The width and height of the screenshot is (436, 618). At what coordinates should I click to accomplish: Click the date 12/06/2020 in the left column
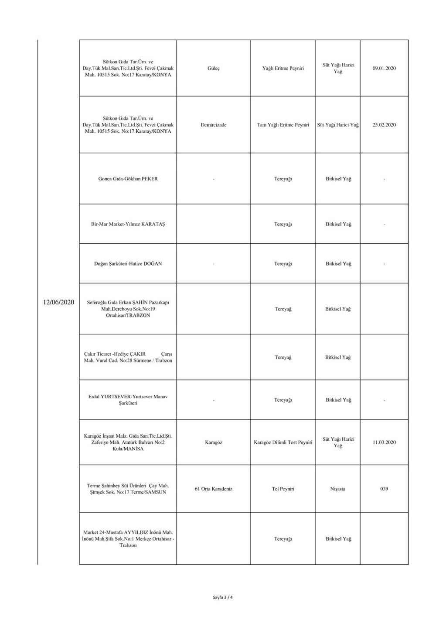click(x=59, y=302)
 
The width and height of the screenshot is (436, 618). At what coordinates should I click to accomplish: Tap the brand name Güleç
click(x=214, y=69)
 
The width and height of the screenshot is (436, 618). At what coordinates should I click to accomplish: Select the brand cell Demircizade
click(x=214, y=125)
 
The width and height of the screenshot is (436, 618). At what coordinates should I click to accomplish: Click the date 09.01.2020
click(x=384, y=69)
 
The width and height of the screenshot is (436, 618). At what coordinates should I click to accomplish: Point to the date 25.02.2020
click(x=384, y=125)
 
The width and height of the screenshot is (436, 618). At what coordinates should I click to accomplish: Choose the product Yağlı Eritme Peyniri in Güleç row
click(x=283, y=69)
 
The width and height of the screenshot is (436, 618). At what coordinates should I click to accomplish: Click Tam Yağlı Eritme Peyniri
click(x=283, y=125)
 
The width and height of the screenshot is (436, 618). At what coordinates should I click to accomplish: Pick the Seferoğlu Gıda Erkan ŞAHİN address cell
click(x=128, y=309)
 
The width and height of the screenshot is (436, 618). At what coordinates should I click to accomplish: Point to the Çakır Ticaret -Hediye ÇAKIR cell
click(x=128, y=357)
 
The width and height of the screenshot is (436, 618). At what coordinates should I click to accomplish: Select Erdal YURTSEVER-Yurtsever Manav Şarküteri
click(x=128, y=400)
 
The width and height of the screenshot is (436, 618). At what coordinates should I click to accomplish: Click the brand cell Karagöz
click(x=214, y=442)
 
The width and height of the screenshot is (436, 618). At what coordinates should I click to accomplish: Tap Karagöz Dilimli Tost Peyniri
click(x=283, y=442)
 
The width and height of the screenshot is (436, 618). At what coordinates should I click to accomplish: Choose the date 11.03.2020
click(x=384, y=442)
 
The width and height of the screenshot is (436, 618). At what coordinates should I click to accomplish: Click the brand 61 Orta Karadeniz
click(x=214, y=489)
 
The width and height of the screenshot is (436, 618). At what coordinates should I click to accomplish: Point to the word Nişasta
click(x=338, y=489)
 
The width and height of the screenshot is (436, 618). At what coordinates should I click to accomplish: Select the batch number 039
click(x=384, y=489)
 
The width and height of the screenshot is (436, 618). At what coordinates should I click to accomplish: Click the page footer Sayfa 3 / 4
click(x=223, y=597)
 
